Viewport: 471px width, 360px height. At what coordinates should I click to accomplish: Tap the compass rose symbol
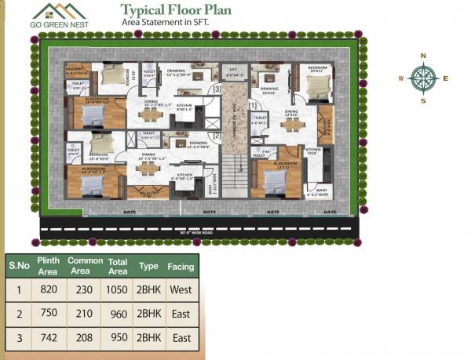[423, 78]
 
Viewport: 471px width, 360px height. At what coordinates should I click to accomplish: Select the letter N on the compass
[423, 56]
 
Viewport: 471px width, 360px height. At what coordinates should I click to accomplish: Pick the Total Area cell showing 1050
[119, 289]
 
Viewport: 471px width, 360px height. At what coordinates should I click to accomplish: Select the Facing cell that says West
[181, 289]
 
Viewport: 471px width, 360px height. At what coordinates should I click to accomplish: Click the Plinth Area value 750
[48, 314]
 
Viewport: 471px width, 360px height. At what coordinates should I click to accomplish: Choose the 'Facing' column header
[181, 266]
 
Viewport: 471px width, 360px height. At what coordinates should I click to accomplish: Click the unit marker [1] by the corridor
[252, 104]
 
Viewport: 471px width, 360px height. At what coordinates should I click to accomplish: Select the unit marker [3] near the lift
[217, 90]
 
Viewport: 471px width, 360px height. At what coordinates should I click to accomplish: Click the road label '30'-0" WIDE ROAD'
[201, 232]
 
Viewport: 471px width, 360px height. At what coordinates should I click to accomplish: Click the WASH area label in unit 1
[322, 189]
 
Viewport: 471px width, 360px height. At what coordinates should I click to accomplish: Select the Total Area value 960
[119, 314]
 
